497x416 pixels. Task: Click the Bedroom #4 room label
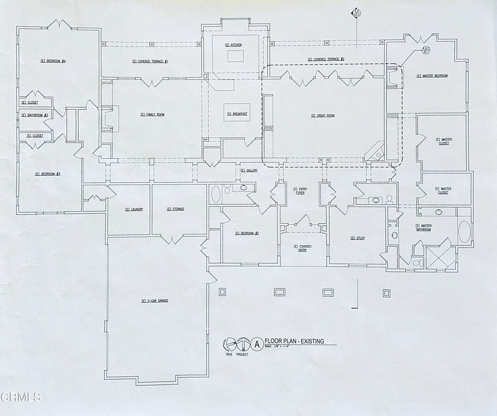(x=53, y=61)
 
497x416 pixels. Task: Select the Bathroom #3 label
(x=34, y=115)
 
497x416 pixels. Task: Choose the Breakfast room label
(x=237, y=114)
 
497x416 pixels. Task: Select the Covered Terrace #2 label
(x=326, y=59)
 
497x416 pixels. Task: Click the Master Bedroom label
(x=432, y=76)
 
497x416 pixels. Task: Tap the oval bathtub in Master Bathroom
(x=464, y=233)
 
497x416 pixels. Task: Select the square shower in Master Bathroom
(x=441, y=257)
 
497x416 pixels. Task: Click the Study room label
(x=357, y=238)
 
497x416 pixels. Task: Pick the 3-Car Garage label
(x=155, y=301)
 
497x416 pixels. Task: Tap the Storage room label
(x=175, y=209)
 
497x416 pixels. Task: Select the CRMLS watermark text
(x=20, y=397)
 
